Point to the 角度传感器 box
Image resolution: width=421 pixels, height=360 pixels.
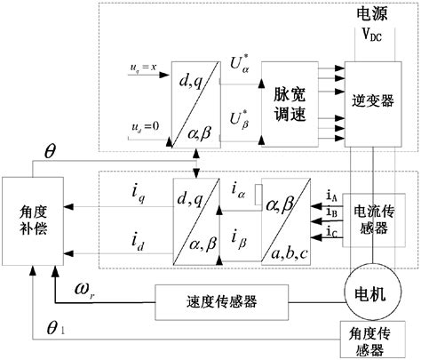[372, 341]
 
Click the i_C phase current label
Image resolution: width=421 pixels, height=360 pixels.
[330, 234]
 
